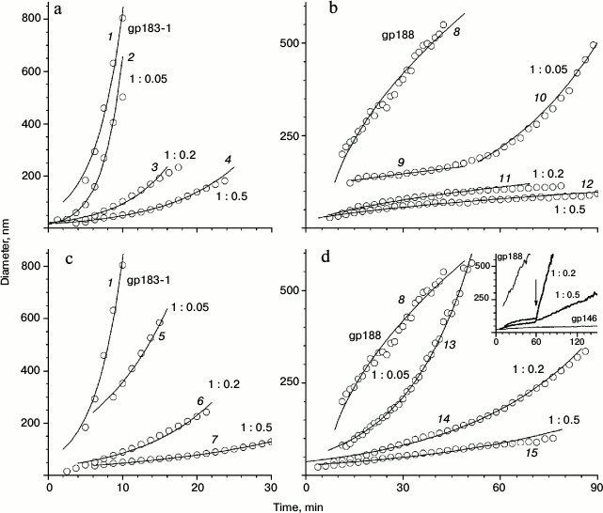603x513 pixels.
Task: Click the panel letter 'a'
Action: pos(59,13)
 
